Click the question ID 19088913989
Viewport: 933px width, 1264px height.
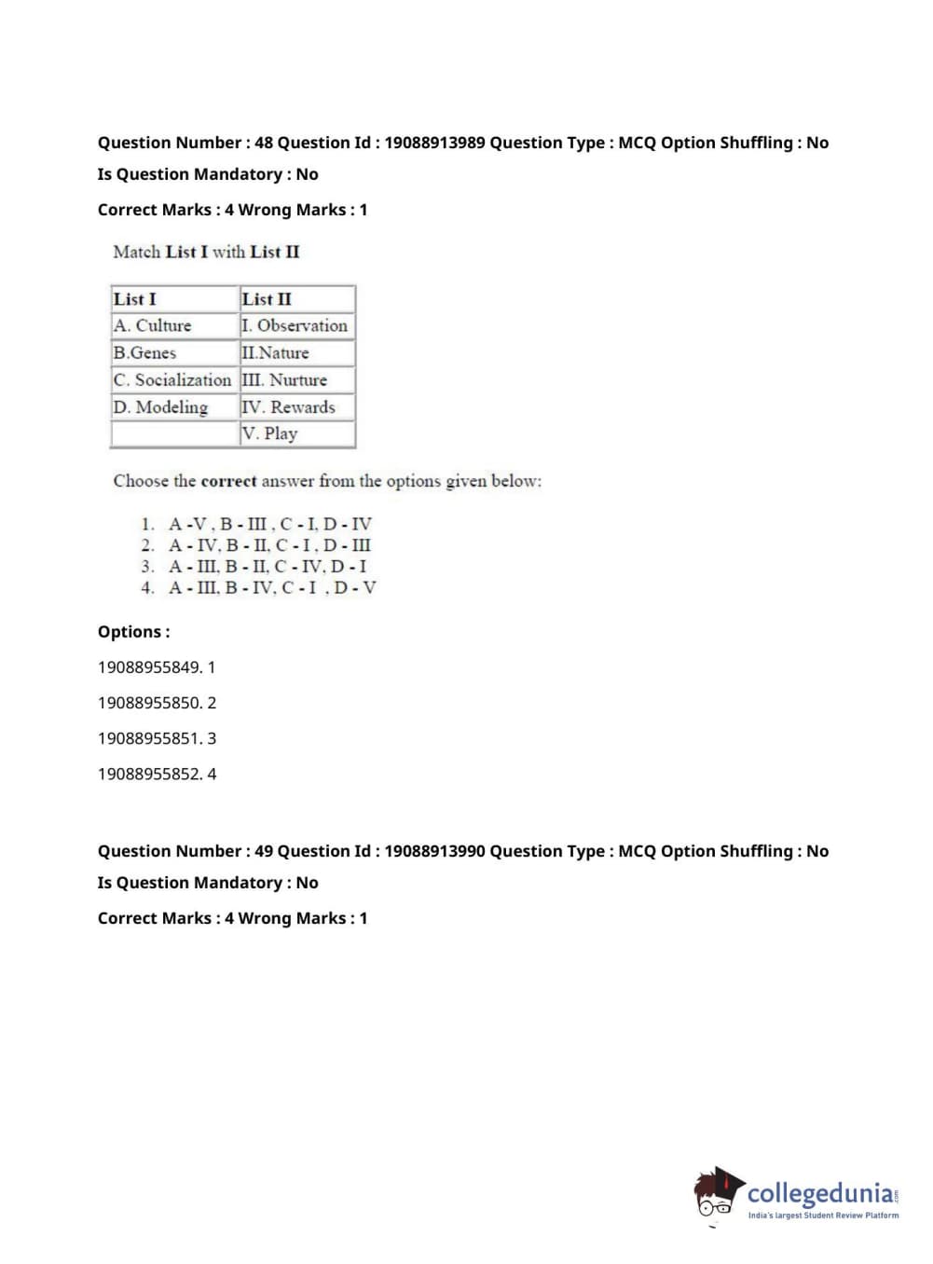tap(434, 143)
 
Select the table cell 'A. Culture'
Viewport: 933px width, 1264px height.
tap(153, 325)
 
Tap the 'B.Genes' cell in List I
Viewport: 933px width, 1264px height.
tap(145, 352)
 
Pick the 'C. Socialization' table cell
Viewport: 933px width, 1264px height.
tap(172, 379)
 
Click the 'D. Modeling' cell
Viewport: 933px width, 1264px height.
tap(160, 407)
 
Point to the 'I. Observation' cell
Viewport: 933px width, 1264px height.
tap(295, 325)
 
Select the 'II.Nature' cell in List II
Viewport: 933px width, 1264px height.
tap(276, 352)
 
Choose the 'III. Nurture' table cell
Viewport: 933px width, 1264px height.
tap(284, 379)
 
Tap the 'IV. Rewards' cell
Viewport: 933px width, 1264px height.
tap(288, 407)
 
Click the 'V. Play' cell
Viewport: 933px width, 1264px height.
tap(269, 433)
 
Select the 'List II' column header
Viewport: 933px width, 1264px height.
tap(267, 299)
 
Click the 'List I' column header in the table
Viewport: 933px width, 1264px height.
tap(135, 299)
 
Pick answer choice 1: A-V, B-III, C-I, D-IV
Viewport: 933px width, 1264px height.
tap(269, 524)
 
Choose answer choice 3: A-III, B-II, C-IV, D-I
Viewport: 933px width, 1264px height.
tap(268, 566)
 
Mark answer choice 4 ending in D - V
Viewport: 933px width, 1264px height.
tap(272, 587)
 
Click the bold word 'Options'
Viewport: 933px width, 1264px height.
tap(131, 632)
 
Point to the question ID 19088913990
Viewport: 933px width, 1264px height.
tap(434, 851)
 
